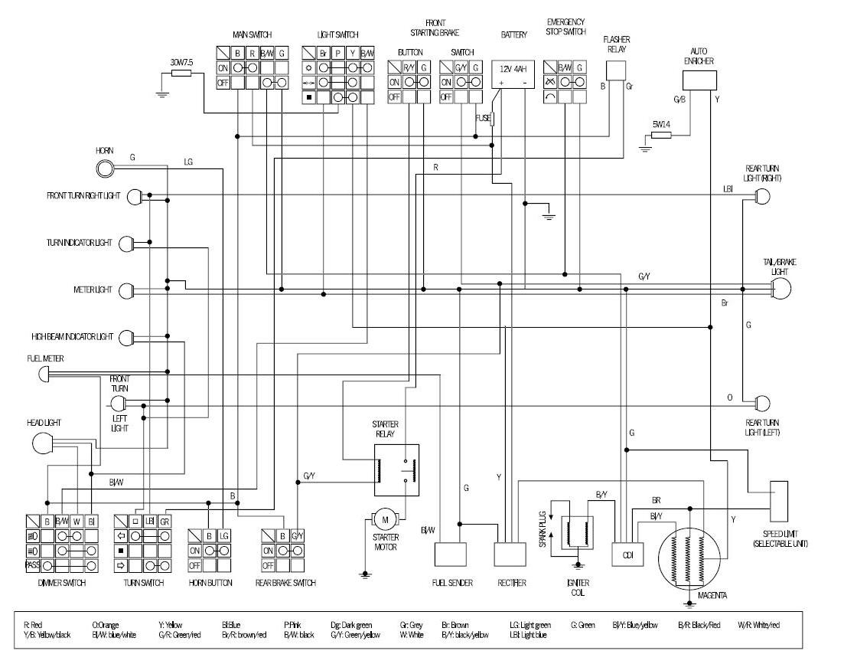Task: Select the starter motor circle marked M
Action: (x=386, y=521)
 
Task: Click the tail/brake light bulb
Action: (x=780, y=289)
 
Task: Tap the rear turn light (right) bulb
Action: (x=762, y=196)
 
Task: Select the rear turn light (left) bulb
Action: (x=762, y=403)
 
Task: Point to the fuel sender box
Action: (x=451, y=554)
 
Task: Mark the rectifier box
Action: (x=510, y=554)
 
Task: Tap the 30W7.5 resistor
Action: (x=181, y=74)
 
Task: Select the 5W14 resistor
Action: (x=662, y=136)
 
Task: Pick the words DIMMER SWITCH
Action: (x=60, y=583)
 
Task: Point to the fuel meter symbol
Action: (x=44, y=374)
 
